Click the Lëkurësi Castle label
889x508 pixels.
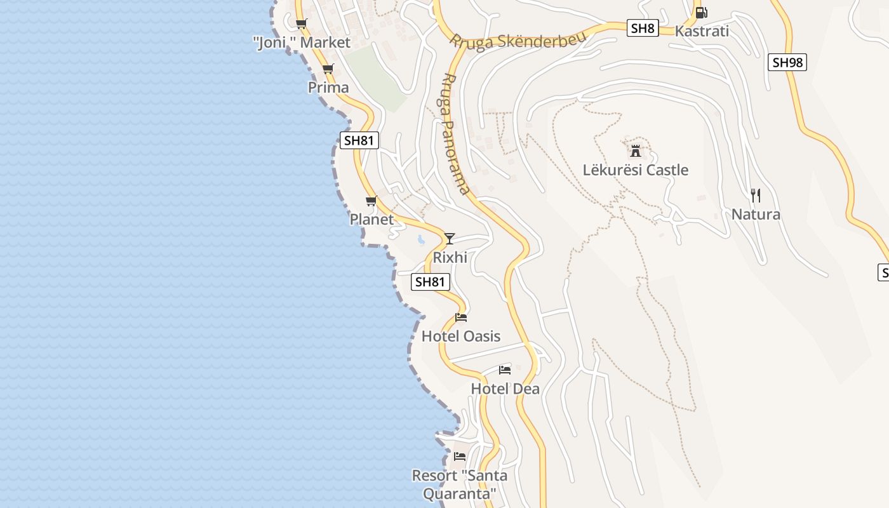(635, 170)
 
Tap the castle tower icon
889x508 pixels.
(635, 151)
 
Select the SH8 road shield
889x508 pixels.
(643, 28)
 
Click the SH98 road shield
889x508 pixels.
(787, 62)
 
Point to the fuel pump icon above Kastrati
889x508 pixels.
(701, 12)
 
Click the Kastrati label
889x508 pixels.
(701, 31)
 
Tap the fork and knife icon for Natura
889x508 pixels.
(755, 195)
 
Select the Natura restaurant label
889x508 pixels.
(755, 214)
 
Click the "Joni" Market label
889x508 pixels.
(302, 43)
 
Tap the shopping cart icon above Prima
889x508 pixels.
(328, 69)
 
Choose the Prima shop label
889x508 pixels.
(328, 88)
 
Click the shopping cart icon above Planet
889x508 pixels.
(371, 201)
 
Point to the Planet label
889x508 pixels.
(371, 219)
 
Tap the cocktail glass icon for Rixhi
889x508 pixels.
(450, 239)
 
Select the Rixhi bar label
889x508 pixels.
(450, 257)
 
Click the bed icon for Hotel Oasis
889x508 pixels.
(461, 317)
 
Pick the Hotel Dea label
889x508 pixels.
(505, 389)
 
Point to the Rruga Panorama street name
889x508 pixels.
(455, 133)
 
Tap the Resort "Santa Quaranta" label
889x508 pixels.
(459, 484)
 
